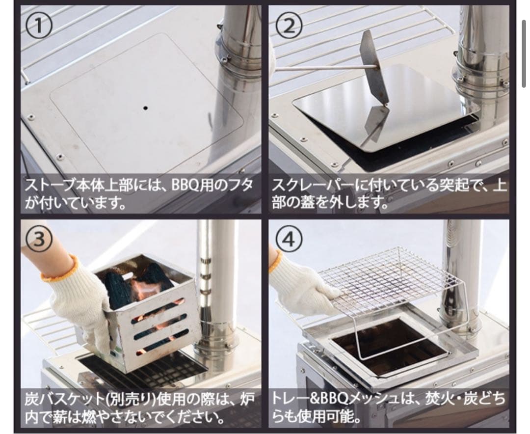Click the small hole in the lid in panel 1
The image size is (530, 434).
pos(146,107)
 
